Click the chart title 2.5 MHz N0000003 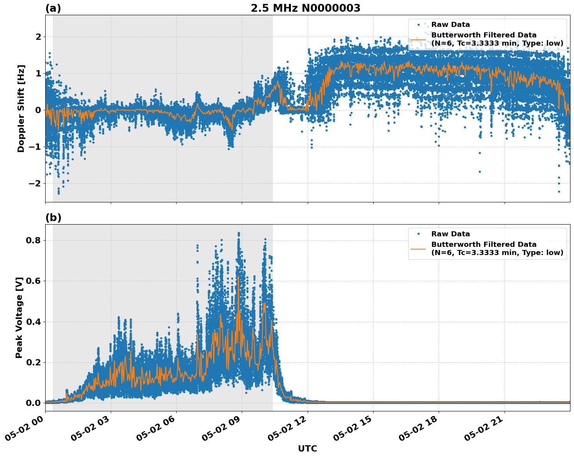(305, 8)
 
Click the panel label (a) (53, 8)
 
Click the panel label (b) (53, 218)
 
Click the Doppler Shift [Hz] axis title (21, 108)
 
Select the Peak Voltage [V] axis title (19, 317)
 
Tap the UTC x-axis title (307, 449)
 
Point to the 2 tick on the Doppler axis (38, 37)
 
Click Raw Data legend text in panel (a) (450, 25)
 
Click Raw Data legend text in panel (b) (450, 234)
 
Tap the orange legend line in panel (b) (418, 249)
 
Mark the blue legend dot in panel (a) (418, 25)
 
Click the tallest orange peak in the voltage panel (238, 277)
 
